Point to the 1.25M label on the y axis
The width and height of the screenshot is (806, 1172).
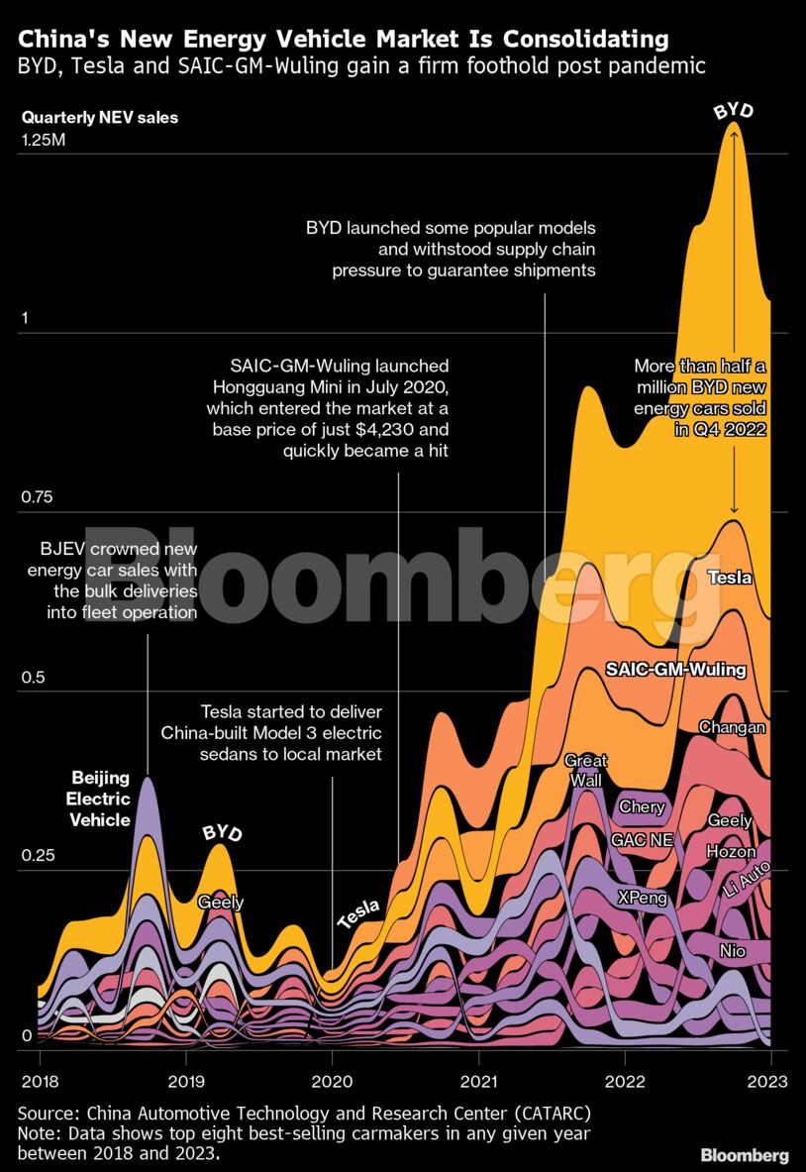[44, 141]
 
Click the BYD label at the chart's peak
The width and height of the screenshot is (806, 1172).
[734, 110]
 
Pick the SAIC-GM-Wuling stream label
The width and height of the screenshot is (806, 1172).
[675, 671]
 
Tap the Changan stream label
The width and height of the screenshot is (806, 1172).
[732, 727]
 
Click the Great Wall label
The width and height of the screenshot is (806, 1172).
[586, 770]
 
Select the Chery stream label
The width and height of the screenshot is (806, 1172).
[642, 806]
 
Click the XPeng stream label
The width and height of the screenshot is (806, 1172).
[642, 898]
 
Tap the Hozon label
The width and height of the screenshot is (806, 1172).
[731, 852]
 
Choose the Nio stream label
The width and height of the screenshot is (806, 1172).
[733, 951]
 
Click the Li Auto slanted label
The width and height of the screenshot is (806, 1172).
[748, 880]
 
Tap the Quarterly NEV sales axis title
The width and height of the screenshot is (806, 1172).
[100, 118]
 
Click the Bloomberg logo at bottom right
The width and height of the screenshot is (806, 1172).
[745, 1155]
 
